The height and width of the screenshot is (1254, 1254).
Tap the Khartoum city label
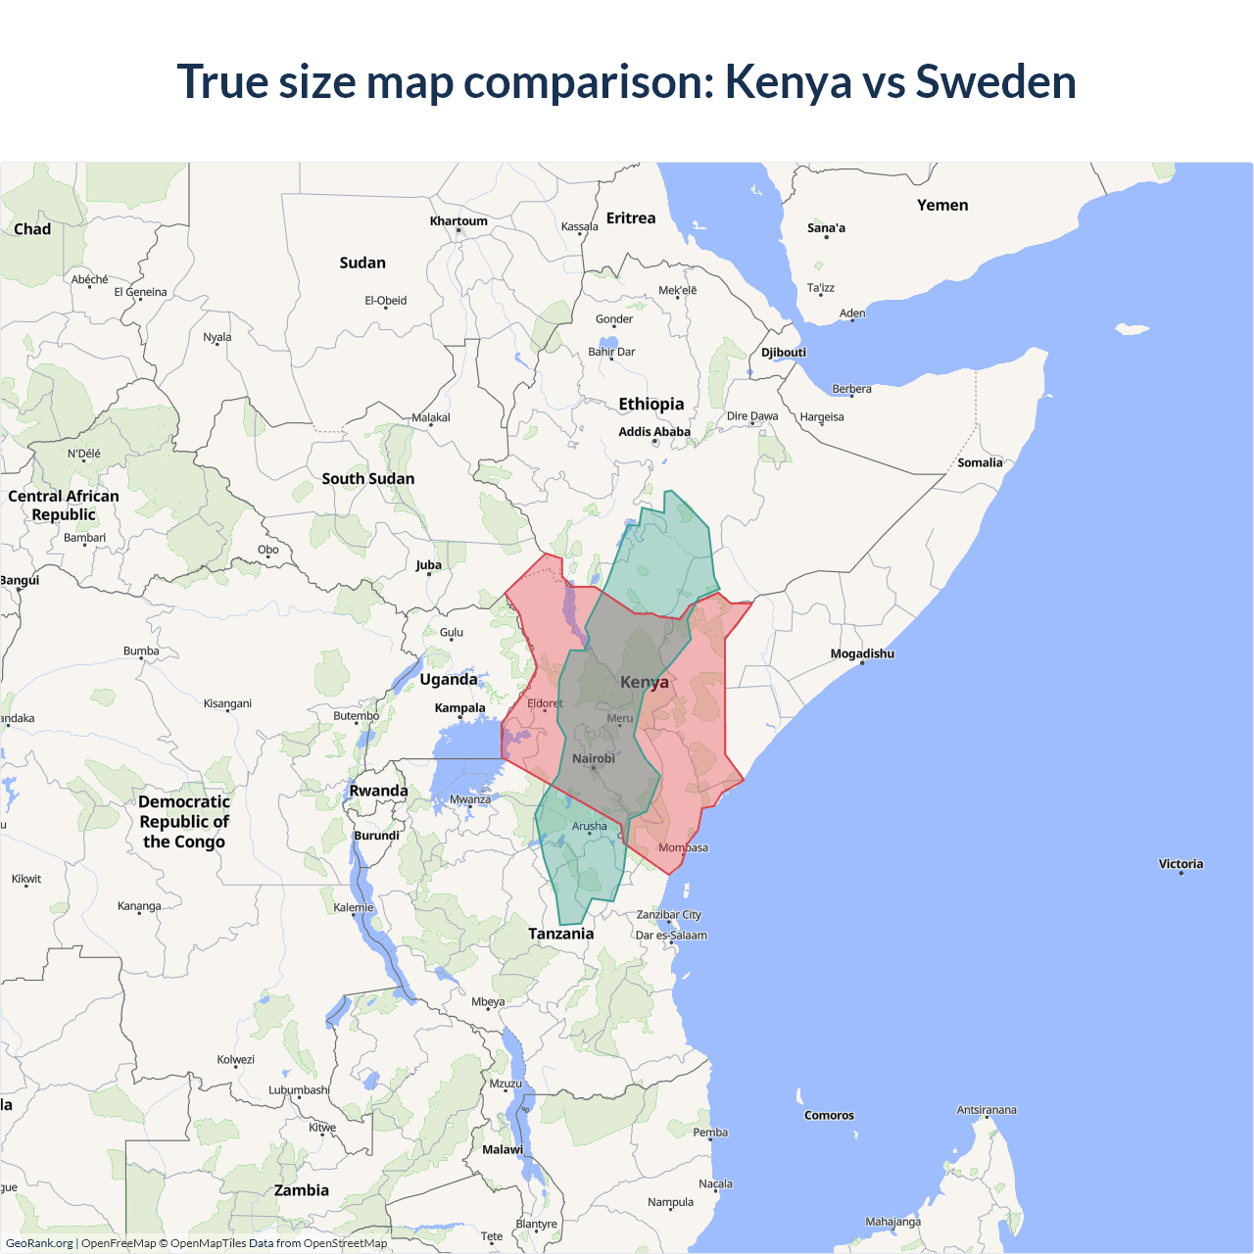458,221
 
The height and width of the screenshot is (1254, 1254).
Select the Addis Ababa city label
654,432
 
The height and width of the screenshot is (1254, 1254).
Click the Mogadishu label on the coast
862,654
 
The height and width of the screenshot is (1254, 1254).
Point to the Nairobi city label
594,759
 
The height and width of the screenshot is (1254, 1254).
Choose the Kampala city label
459,708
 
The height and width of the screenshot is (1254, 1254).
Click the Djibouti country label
784,353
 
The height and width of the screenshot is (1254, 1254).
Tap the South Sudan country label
368,479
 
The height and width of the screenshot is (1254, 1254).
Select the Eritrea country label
631,218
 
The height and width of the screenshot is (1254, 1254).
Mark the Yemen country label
942,206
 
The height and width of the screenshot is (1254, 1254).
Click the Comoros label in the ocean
829,1116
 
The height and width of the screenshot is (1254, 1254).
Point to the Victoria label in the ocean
1181,864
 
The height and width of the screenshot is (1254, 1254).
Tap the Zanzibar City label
669,915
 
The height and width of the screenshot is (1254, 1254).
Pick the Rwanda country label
378,792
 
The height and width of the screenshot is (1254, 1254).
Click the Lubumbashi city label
299,1090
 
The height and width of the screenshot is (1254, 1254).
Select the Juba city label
428,565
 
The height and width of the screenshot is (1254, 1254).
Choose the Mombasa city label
683,848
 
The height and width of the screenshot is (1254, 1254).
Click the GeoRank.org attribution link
39,1243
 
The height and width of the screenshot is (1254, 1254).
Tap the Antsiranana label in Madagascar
987,1111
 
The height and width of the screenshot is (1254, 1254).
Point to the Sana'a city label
826,228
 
